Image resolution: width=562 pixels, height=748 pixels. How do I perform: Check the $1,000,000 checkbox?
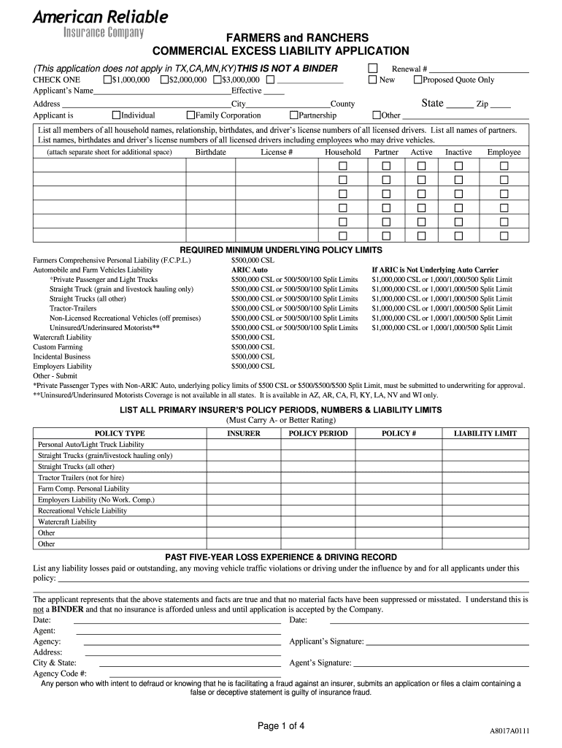click(108, 80)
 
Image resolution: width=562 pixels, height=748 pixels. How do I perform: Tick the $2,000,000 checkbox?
click(164, 80)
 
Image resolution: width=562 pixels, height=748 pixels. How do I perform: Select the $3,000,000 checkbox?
click(217, 80)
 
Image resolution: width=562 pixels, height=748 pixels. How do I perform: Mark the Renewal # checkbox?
click(372, 68)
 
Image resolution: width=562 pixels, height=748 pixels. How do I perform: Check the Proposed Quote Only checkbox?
click(417, 80)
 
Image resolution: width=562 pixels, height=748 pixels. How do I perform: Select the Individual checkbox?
click(116, 115)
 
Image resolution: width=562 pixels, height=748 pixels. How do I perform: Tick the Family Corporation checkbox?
click(190, 115)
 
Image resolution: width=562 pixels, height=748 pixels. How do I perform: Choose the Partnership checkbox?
click(294, 115)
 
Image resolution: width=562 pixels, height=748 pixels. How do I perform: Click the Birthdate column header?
click(210, 152)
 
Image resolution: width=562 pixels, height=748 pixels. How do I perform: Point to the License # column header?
click(277, 152)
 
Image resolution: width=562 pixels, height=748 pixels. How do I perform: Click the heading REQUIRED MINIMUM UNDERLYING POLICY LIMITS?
click(281, 249)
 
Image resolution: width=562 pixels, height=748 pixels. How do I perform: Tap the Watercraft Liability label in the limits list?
click(63, 337)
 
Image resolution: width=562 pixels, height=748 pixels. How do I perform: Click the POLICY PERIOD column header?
click(318, 433)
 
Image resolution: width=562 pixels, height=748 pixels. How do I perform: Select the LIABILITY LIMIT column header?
click(485, 433)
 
